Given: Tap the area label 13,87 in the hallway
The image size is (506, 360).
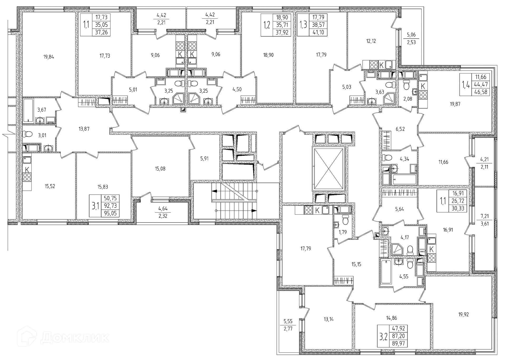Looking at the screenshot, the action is (x=84, y=129).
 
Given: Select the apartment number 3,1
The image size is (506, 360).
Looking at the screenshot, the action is (x=95, y=206).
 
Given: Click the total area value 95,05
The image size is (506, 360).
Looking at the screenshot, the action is (x=110, y=213).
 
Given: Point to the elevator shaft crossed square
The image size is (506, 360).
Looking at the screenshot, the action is (x=328, y=169).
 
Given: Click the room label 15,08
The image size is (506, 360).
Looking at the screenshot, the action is (x=160, y=169).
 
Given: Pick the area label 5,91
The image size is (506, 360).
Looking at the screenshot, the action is (x=205, y=159).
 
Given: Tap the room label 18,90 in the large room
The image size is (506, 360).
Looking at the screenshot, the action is (x=268, y=55).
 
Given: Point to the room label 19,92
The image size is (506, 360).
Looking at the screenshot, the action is (x=464, y=314).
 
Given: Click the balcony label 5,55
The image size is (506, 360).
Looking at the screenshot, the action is (x=288, y=321).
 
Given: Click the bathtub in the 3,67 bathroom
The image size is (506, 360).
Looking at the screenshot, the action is (x=28, y=111).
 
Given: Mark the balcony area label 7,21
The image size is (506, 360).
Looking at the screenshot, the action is (x=484, y=216).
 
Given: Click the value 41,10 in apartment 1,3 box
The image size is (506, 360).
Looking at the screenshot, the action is (x=318, y=32).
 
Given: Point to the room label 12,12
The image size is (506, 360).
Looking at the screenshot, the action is (x=371, y=41).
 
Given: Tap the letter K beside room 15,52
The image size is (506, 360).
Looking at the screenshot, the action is (x=27, y=169).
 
